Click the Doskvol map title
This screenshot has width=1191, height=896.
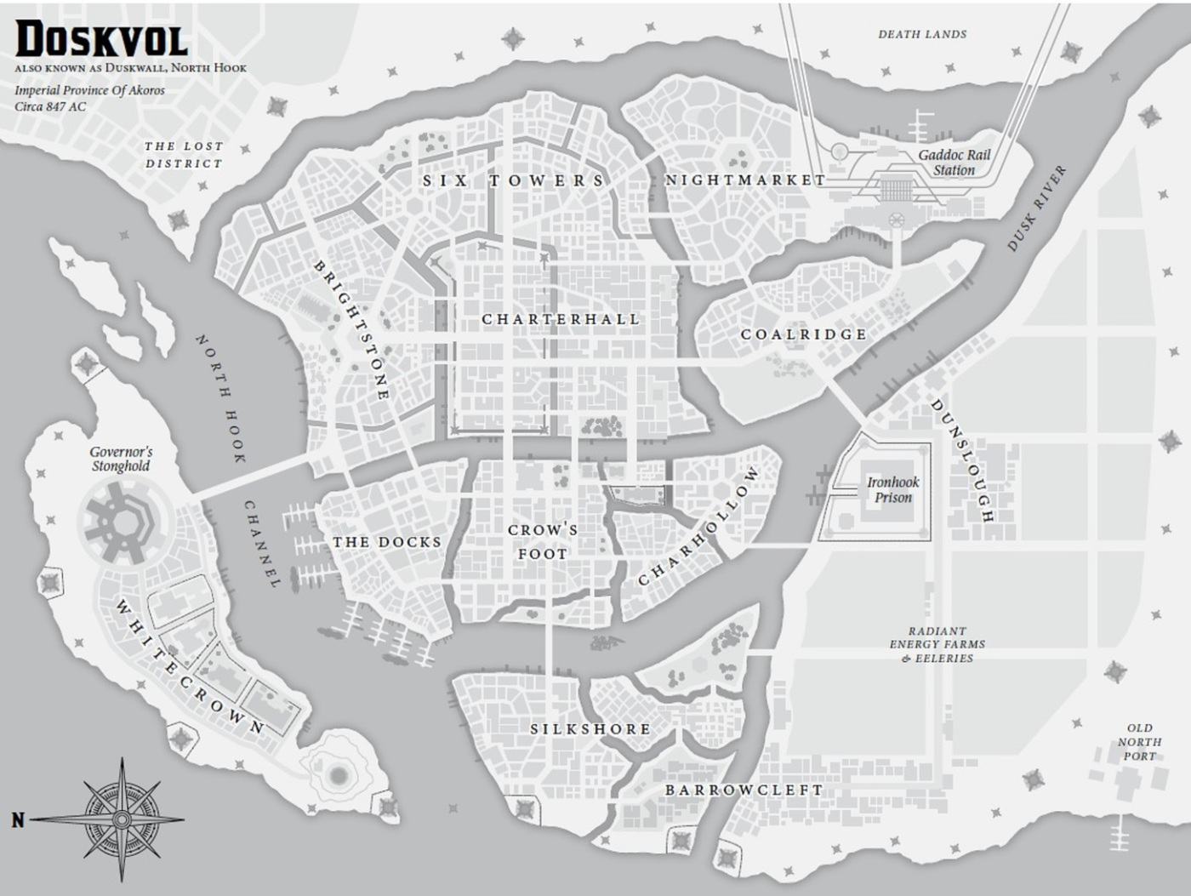tap(101, 40)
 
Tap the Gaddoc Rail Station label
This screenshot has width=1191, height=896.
tap(954, 163)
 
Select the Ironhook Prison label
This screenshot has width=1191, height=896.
tap(892, 489)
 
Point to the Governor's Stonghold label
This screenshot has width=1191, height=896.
tap(121, 459)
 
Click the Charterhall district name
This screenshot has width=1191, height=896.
tap(561, 319)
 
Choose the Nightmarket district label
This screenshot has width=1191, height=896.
tap(744, 180)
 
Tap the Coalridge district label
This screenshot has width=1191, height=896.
tap(803, 334)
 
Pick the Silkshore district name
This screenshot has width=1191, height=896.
tap(590, 729)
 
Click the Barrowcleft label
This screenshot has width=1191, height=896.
tap(744, 790)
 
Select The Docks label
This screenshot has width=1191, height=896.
tap(387, 542)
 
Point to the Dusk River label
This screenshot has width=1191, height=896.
tap(1036, 209)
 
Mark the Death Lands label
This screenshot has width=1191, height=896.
tap(922, 35)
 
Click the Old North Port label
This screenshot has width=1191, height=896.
tap(1139, 742)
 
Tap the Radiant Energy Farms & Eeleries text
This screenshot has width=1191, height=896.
tap(937, 644)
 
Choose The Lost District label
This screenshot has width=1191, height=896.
tap(184, 155)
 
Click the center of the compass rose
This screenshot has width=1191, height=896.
tap(122, 819)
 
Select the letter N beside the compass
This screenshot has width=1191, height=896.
tap(18, 820)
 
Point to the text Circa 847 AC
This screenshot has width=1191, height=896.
tap(50, 107)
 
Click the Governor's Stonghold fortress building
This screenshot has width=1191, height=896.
tap(120, 517)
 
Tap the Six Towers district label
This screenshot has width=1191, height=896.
tap(514, 180)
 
